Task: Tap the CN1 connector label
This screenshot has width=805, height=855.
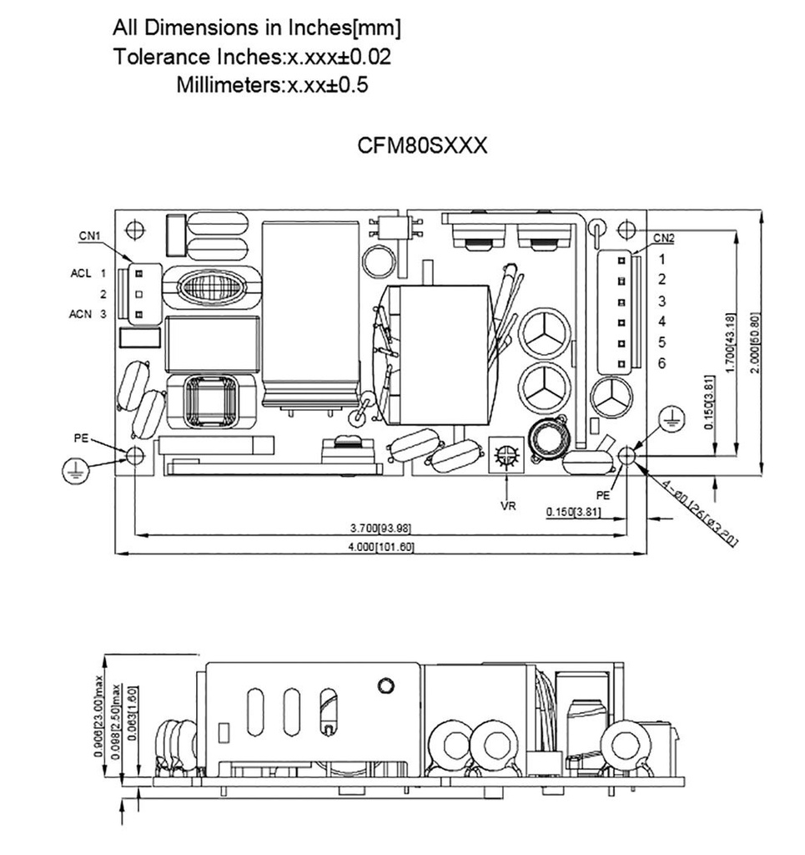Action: point(90,236)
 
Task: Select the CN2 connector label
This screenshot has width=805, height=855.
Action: point(664,237)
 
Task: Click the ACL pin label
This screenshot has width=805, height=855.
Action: point(81,273)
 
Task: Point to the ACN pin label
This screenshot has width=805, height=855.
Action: point(81,315)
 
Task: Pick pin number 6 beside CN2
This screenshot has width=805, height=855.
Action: point(662,363)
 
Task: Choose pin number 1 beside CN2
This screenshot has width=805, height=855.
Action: point(662,260)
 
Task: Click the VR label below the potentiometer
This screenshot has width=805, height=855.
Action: point(507,506)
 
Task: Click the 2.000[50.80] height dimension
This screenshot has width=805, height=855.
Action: point(755,342)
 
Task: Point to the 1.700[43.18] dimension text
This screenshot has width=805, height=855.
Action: point(732,342)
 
